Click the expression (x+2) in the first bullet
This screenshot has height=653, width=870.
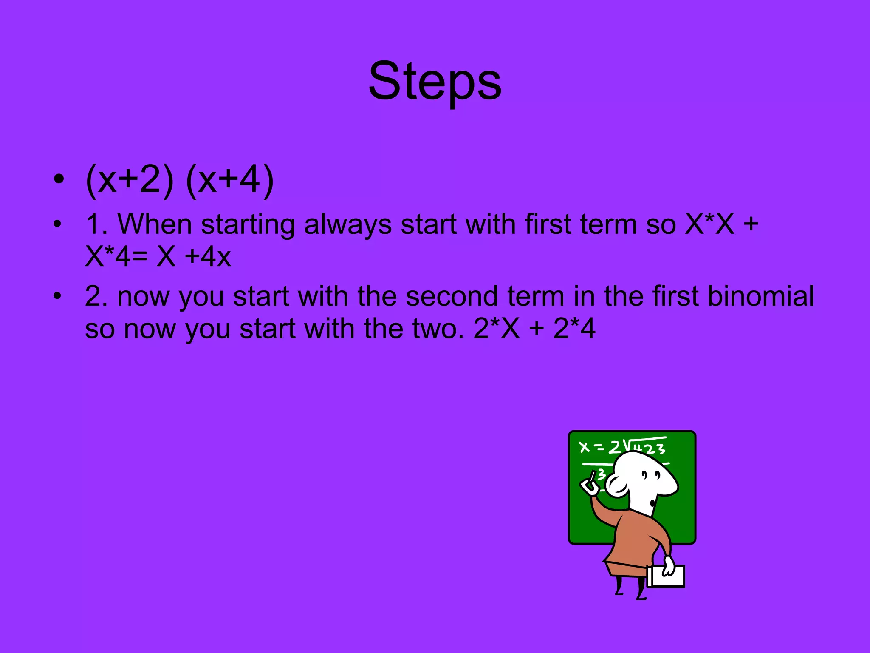(129, 180)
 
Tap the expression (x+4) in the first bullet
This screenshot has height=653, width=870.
(230, 180)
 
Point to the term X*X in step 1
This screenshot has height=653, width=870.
(709, 224)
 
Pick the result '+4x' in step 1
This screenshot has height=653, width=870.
(208, 257)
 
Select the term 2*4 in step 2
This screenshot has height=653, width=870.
(574, 329)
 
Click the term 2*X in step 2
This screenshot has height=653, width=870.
(497, 329)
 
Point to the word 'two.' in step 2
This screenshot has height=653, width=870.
(438, 329)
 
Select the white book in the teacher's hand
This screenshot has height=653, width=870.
(666, 576)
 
